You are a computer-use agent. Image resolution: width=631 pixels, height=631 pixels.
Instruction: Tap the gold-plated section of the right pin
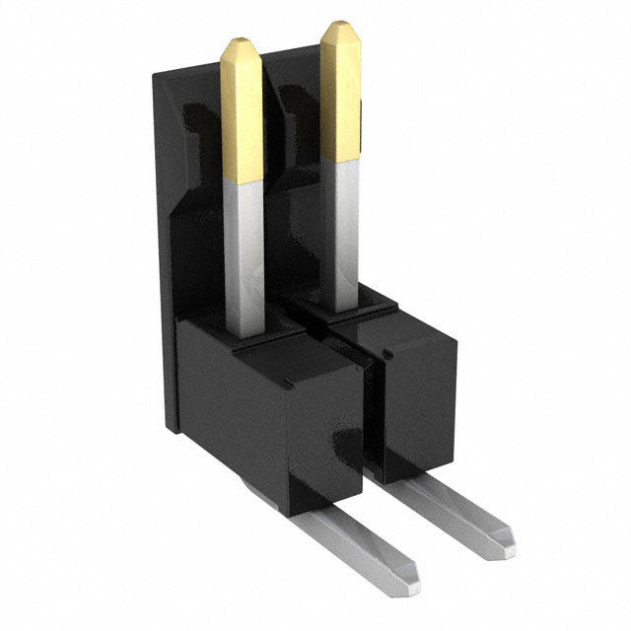pos(340,94)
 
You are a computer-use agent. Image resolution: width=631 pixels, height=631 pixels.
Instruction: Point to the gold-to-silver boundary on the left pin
pos(242,180)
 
